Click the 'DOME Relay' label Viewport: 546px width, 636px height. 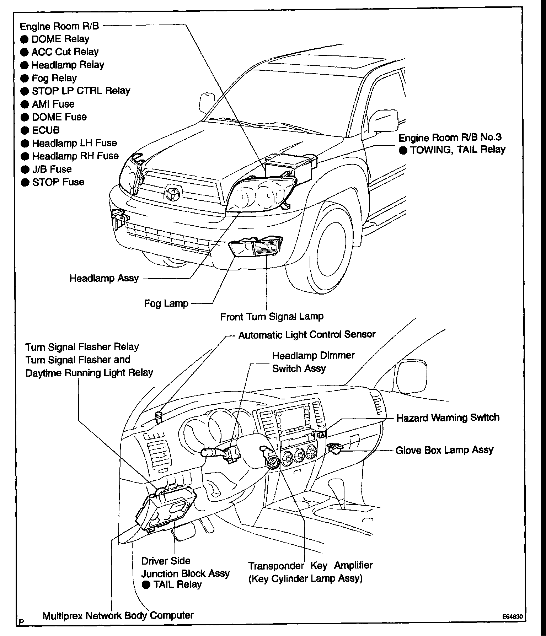[x=60, y=39]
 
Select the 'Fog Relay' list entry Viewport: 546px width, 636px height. [x=54, y=78]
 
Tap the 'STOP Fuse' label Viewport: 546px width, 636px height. [x=58, y=182]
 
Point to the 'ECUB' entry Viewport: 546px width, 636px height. [x=45, y=130]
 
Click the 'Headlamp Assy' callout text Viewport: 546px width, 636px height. [x=104, y=278]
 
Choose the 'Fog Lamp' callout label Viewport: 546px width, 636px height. [x=166, y=303]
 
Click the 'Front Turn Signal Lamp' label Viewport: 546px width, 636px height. [x=272, y=317]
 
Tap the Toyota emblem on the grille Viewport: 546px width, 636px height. [x=173, y=194]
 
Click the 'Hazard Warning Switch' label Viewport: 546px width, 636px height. [x=448, y=417]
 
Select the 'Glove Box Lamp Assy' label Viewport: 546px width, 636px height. [x=444, y=450]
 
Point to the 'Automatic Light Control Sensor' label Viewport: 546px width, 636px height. [x=306, y=335]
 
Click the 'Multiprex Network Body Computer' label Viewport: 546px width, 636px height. [x=118, y=615]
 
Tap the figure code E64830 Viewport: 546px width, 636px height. [x=512, y=617]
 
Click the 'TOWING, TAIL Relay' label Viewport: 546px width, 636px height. [x=457, y=150]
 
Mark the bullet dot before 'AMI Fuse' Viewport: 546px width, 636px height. [x=25, y=104]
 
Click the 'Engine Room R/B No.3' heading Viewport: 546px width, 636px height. [x=450, y=138]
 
